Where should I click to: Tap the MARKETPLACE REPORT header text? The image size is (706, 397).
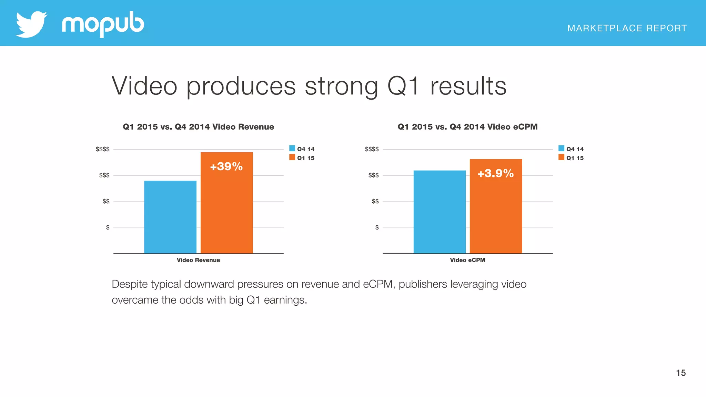pos(627,28)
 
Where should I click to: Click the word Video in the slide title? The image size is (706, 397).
pos(144,86)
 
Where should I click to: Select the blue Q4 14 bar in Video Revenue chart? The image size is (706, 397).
pos(170,217)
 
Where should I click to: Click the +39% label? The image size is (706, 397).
pos(226,167)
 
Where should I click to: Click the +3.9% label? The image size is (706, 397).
pos(495,173)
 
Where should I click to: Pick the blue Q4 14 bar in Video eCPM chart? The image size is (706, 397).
pos(440,212)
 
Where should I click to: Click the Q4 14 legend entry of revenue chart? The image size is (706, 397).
pos(302,149)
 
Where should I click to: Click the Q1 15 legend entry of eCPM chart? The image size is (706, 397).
pos(571,158)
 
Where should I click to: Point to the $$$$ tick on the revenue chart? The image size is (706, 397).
pos(103,149)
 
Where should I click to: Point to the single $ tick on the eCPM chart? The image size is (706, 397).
pos(377,227)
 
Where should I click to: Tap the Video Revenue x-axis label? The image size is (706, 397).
pos(198,260)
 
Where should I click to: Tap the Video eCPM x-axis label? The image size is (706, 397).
pos(467,260)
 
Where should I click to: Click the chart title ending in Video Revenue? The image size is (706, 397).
pos(198,127)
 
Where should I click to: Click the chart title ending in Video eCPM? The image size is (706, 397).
pos(467,127)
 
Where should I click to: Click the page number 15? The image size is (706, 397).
pos(680,373)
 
